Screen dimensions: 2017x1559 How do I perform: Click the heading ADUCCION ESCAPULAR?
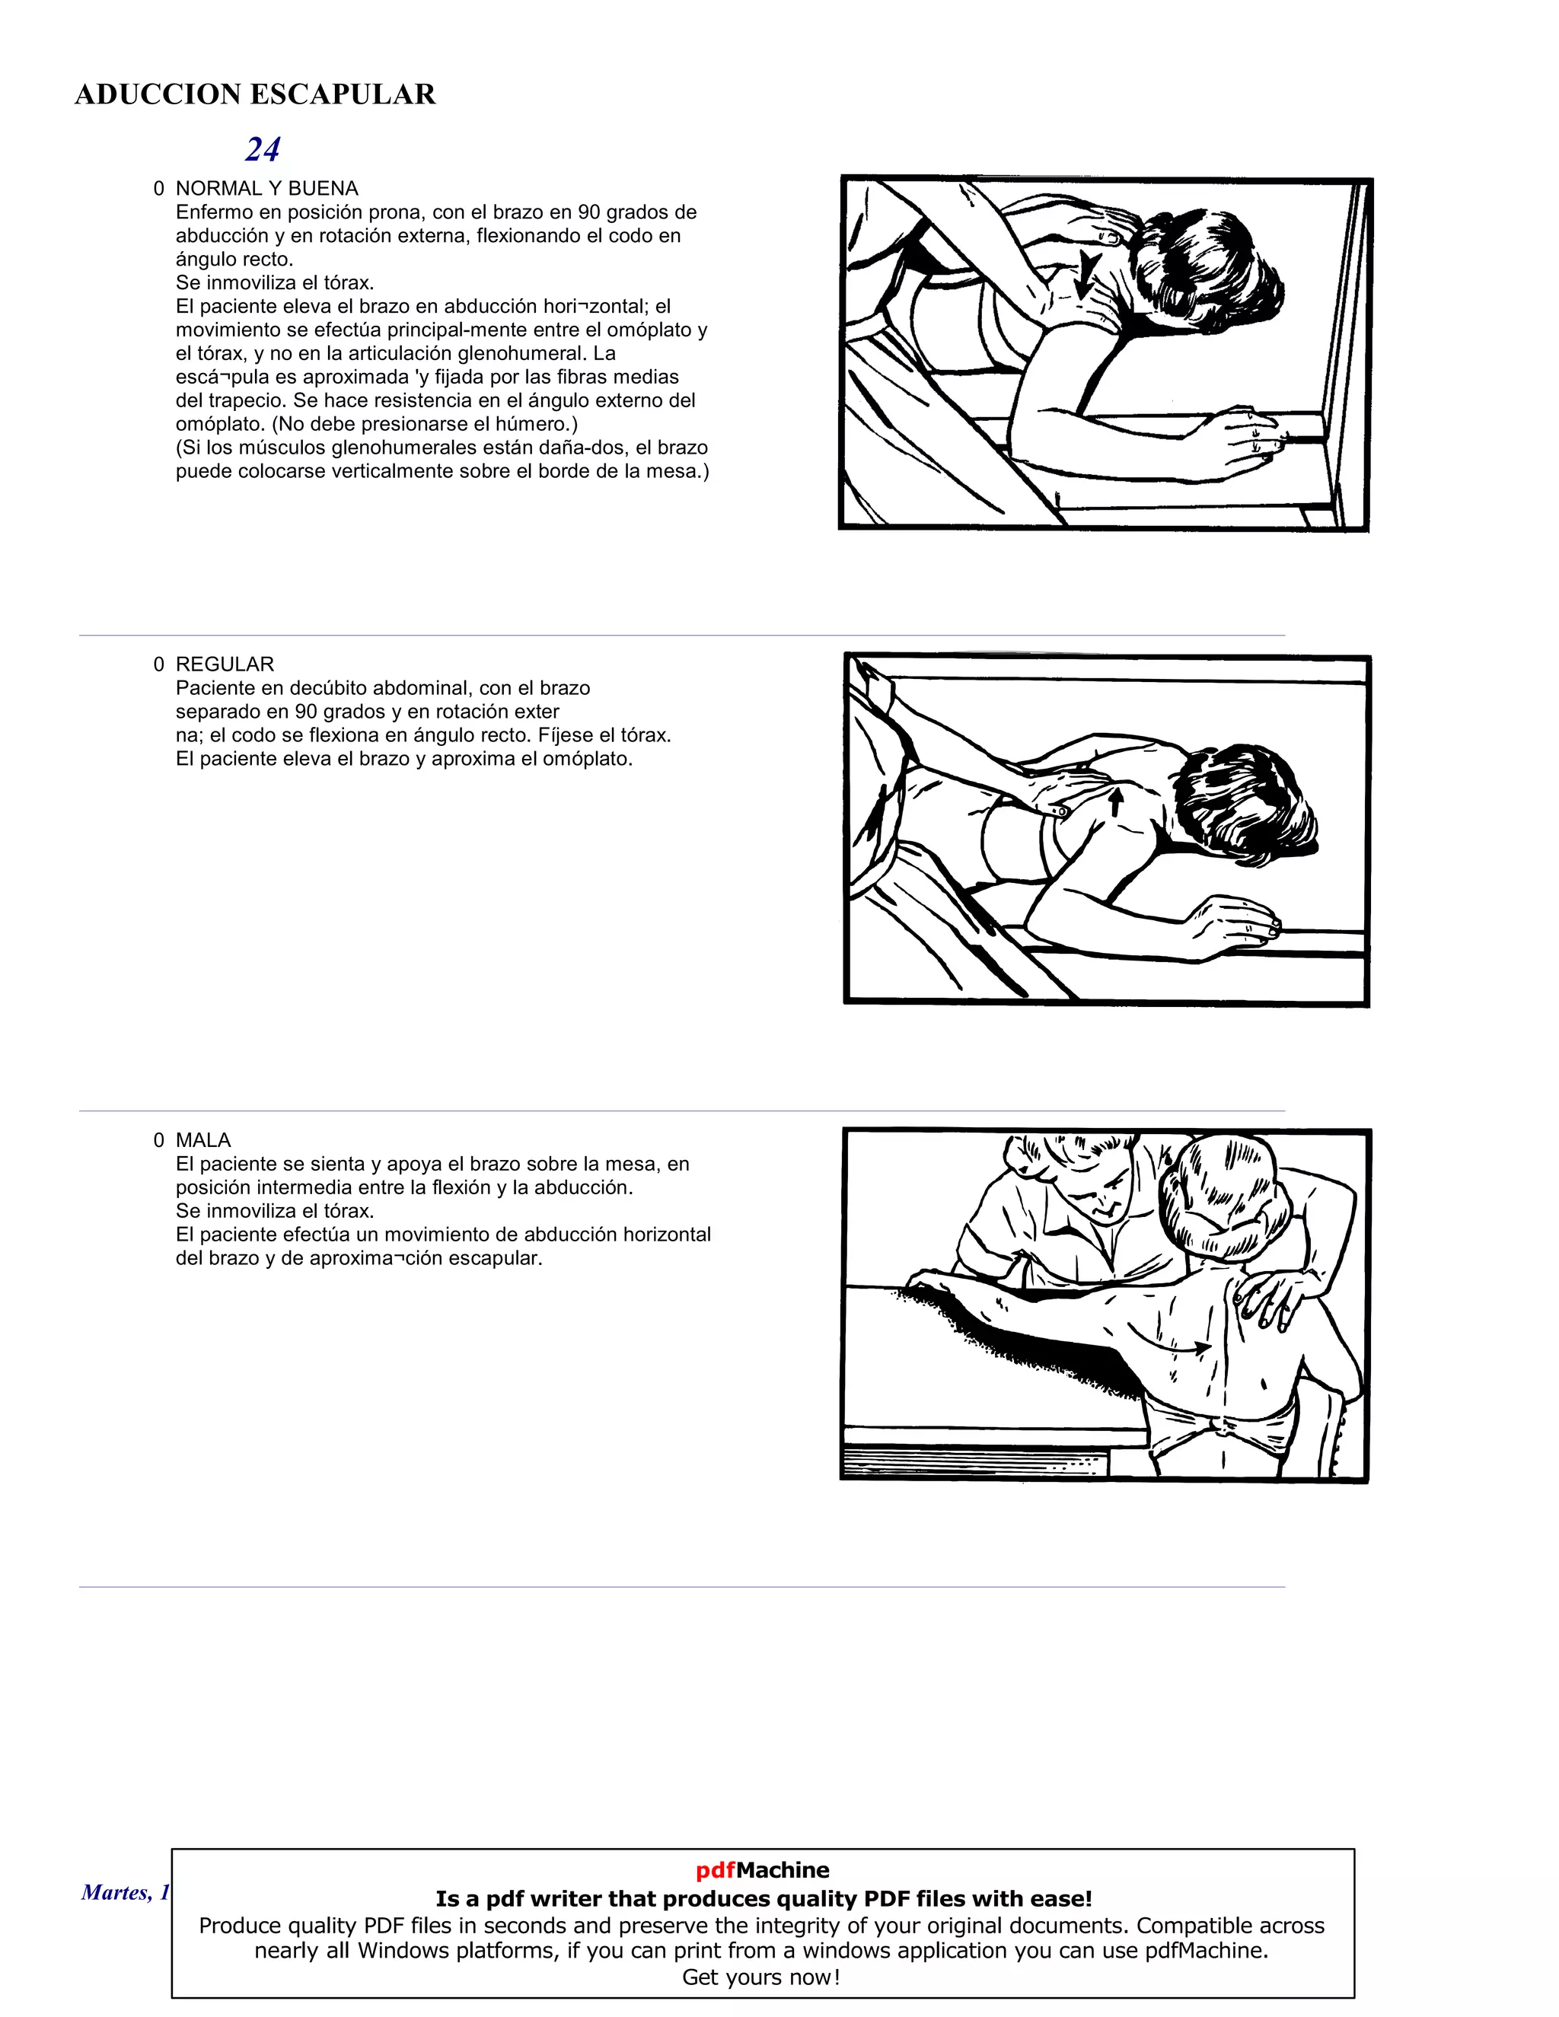255,94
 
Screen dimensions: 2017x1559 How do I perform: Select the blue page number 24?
263,150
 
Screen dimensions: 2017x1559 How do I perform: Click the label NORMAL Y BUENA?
267,189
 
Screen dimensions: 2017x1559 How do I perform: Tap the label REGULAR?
225,664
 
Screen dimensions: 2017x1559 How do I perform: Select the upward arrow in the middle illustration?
1116,800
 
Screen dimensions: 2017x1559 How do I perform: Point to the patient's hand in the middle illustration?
1233,923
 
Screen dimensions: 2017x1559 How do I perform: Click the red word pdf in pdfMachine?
715,1870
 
